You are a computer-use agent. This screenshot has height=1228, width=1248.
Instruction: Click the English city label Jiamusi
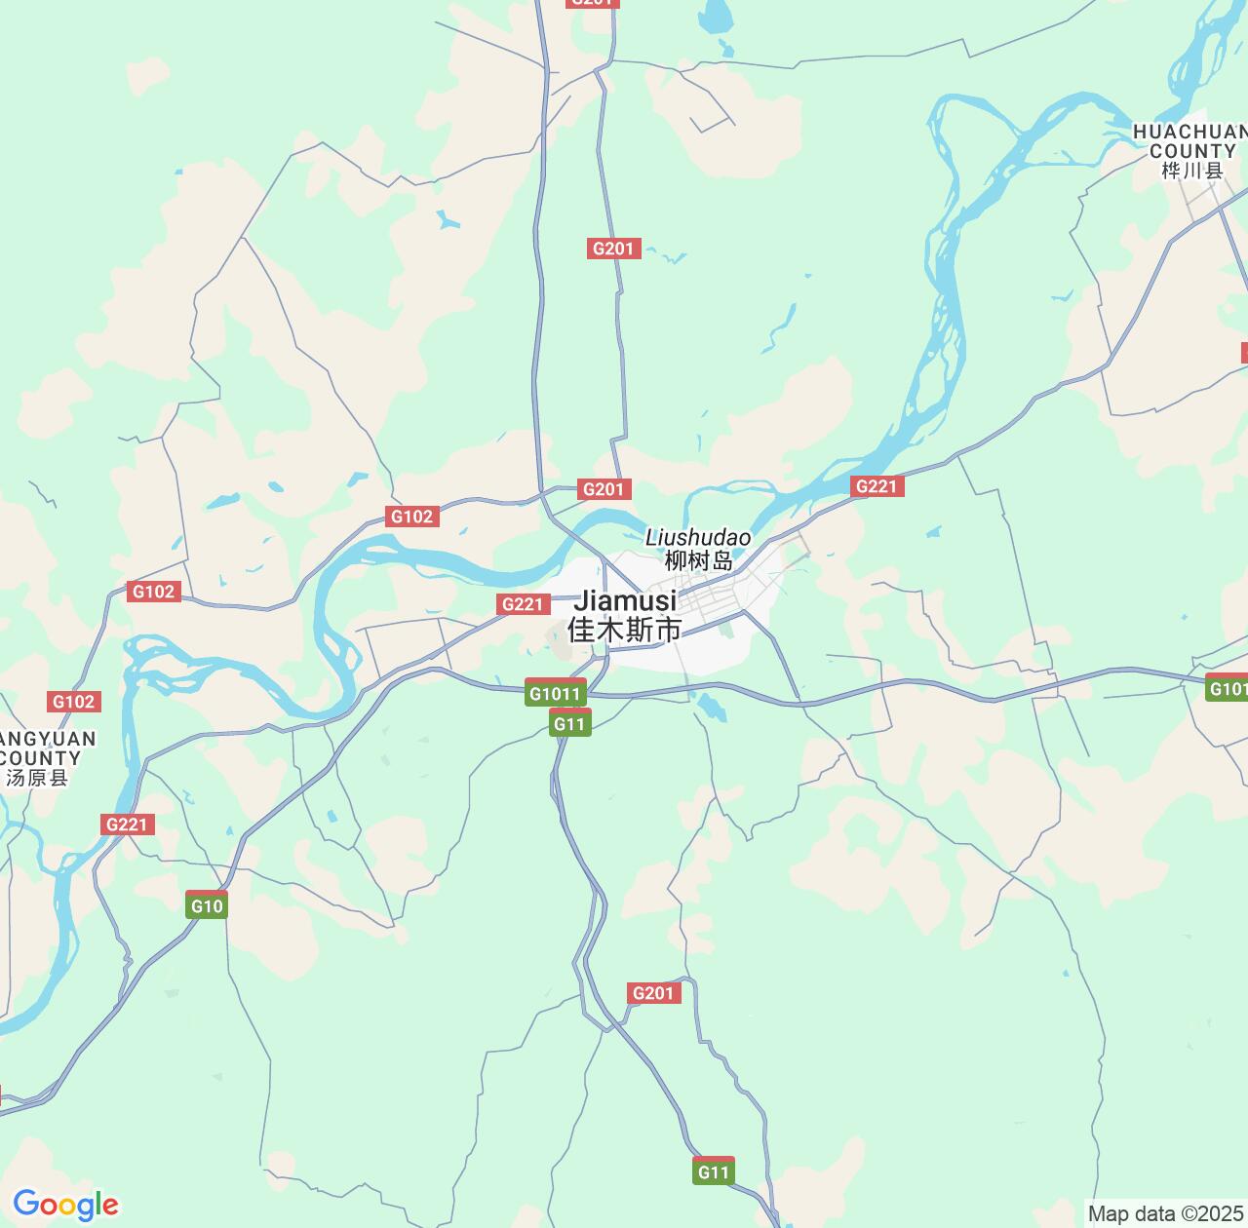(x=625, y=600)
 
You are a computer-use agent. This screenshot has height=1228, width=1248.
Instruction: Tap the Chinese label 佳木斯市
(x=625, y=630)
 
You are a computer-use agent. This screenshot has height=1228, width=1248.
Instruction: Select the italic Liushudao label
(x=698, y=538)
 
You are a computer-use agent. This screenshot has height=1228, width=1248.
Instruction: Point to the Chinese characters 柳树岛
(x=698, y=561)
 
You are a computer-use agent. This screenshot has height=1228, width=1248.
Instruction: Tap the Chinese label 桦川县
(x=1191, y=172)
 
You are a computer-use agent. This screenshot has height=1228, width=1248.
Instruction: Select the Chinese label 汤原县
(x=37, y=778)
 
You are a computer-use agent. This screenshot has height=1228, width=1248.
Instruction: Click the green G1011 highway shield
(x=555, y=693)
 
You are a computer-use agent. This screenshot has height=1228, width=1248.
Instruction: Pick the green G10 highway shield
(x=207, y=905)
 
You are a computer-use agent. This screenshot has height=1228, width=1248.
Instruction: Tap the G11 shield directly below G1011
(x=569, y=723)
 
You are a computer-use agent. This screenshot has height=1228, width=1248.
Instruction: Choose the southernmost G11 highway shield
(x=714, y=1171)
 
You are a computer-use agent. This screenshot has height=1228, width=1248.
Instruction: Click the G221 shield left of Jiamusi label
(x=522, y=604)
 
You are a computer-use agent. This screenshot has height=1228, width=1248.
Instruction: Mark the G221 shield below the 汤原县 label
(x=127, y=825)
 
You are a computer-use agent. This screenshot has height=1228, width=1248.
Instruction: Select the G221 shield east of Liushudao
(x=877, y=485)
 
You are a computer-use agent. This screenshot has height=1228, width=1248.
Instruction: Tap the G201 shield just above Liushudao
(x=604, y=489)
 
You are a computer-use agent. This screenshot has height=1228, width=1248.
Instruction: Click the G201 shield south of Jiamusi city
(x=653, y=993)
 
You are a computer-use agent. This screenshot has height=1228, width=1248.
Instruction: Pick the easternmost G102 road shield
(x=411, y=517)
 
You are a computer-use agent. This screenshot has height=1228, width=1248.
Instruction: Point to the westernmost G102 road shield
(x=73, y=702)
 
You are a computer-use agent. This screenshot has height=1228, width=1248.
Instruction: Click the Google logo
(x=65, y=1206)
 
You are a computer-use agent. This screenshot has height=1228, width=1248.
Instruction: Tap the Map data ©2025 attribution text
(x=1166, y=1214)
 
